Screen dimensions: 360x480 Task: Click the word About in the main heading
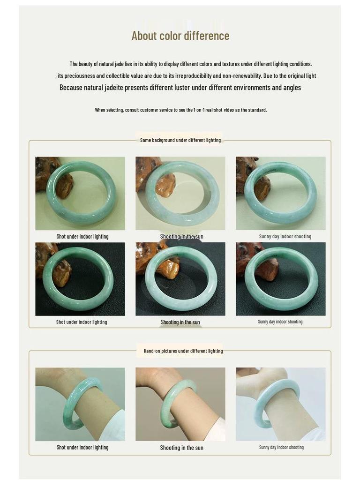pos(144,36)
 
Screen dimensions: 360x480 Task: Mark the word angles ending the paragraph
pos(292,88)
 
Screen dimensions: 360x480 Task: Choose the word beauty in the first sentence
pos(86,64)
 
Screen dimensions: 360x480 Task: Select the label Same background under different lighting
pos(180,140)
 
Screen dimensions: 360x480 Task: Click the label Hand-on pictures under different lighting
pos(183,351)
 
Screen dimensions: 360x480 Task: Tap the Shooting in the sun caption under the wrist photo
pos(181,448)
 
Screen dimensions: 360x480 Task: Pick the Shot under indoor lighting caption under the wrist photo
pos(82,448)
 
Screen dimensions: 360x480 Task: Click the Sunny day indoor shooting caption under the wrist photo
pos(281,447)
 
